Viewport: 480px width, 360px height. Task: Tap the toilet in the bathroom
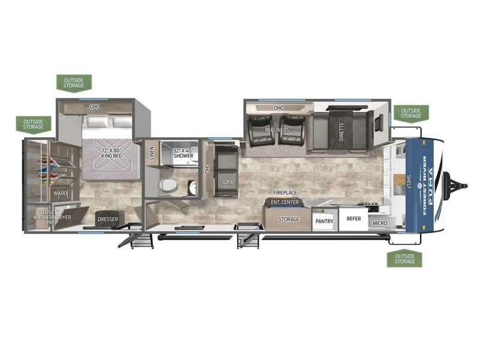168,185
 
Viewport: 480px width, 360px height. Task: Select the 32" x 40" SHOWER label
184,153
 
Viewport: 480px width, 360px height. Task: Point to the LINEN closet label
152,153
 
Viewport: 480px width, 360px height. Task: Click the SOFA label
227,182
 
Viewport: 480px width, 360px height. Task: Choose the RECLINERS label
277,130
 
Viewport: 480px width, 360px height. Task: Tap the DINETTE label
341,131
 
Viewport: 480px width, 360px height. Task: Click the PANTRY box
325,219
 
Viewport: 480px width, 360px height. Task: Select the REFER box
353,219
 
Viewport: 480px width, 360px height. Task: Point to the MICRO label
380,223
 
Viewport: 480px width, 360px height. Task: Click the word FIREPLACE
285,193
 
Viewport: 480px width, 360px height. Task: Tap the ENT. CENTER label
284,202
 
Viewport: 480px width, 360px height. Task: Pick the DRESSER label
108,219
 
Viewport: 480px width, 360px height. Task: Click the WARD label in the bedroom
60,193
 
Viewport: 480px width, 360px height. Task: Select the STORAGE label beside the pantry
289,219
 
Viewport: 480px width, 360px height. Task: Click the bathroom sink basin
193,187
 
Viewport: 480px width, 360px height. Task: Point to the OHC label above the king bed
94,107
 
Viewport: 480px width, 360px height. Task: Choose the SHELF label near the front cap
409,182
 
